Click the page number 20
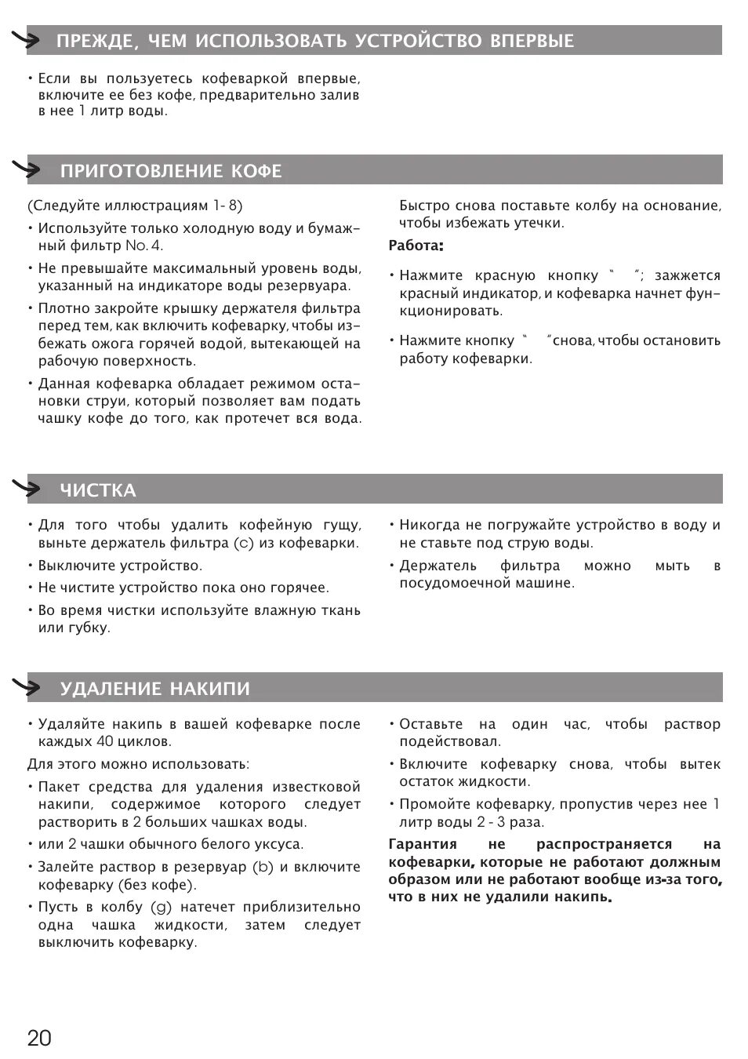coord(39,1038)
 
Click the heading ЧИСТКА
coord(98,490)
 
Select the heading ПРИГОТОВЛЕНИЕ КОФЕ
coord(171,171)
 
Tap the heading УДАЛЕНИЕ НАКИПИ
coord(155,689)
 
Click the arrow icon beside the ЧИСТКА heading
coord(27,489)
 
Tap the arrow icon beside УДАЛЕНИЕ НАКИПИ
coord(27,687)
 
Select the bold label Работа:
coord(416,246)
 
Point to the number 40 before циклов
coord(105,741)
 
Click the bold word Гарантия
coord(423,844)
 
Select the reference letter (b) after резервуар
coord(263,867)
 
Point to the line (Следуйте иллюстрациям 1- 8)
coord(135,206)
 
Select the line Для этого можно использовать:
coord(139,764)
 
